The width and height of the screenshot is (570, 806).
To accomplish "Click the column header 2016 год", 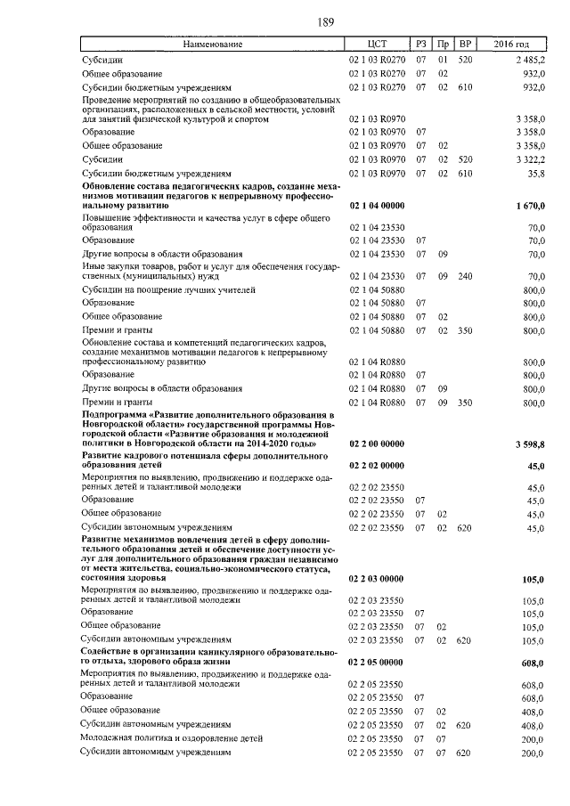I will coord(514,44).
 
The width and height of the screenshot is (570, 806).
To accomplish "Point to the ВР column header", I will coord(464,44).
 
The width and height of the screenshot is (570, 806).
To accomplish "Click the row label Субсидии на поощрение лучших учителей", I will coord(168,290).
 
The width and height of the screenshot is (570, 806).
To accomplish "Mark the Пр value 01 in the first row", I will coord(442,59).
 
